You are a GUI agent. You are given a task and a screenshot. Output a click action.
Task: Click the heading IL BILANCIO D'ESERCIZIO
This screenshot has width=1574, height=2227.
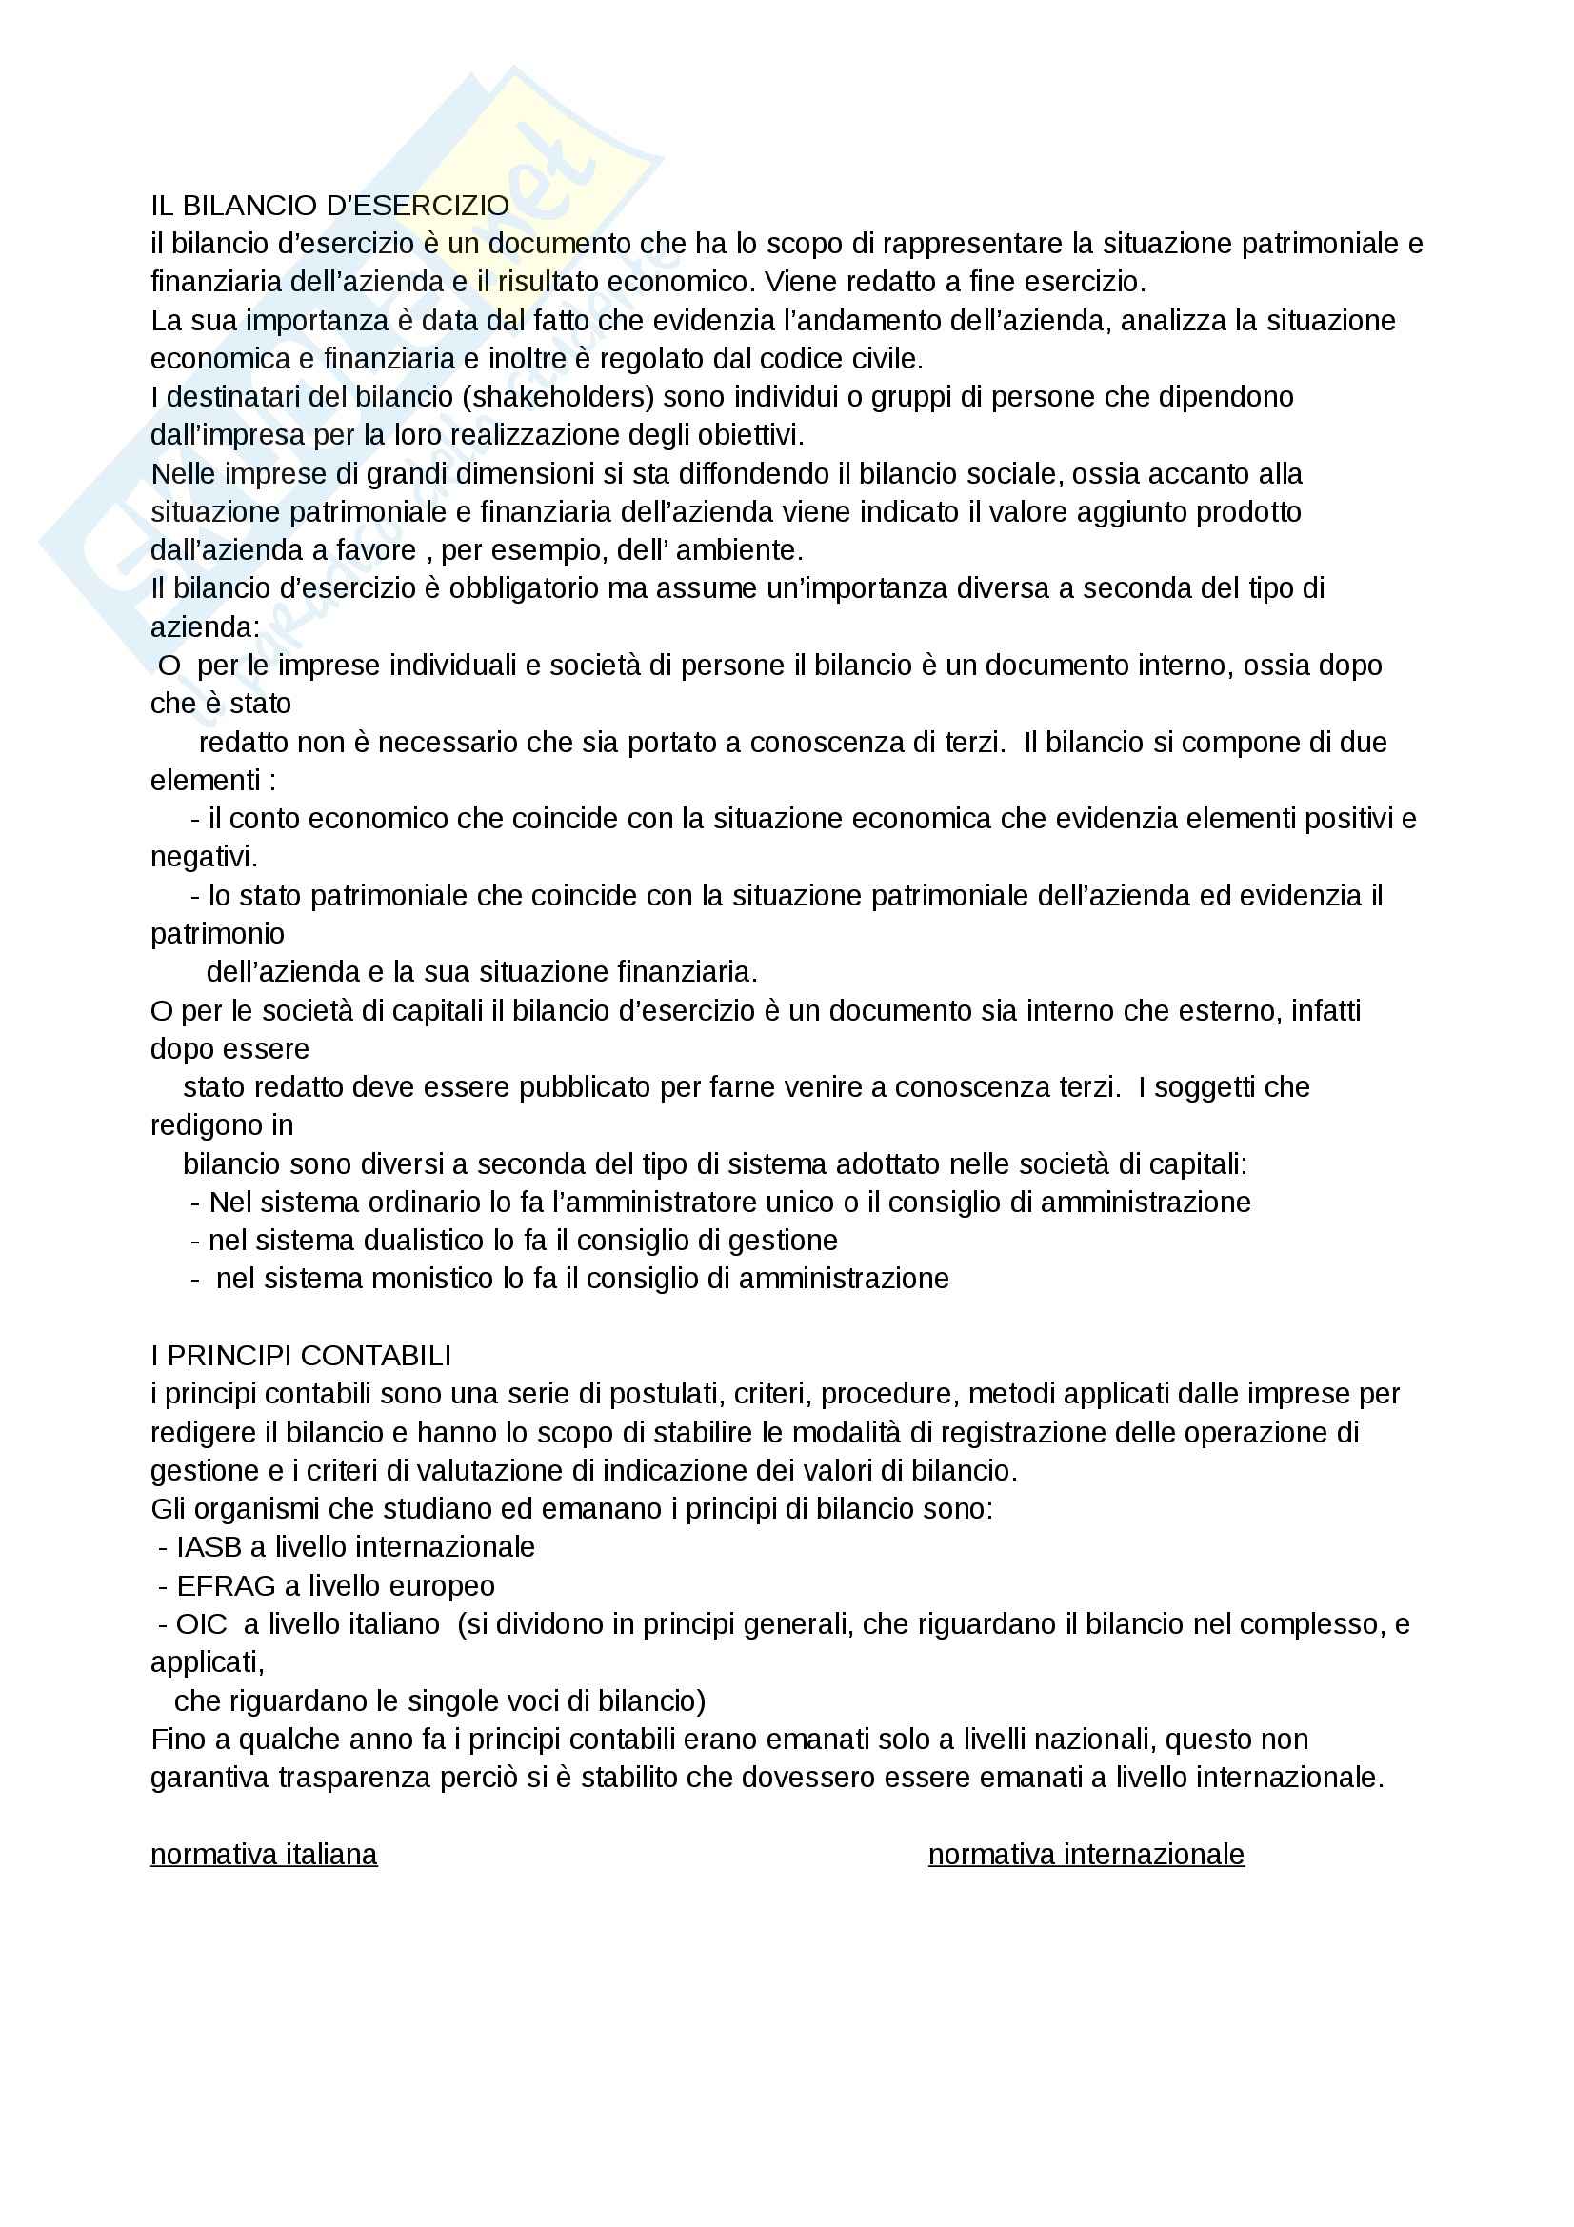pyautogui.click(x=329, y=206)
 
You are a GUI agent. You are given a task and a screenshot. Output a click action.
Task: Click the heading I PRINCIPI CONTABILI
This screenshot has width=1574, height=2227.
pyautogui.click(x=301, y=1355)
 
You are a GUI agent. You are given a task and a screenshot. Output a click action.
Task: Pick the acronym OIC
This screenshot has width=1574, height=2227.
pyautogui.click(x=201, y=1623)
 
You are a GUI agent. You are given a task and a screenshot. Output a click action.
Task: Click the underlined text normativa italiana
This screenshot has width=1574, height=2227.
pyautogui.click(x=264, y=1854)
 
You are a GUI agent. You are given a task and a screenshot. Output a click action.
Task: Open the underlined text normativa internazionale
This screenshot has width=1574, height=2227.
pyautogui.click(x=1086, y=1854)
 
